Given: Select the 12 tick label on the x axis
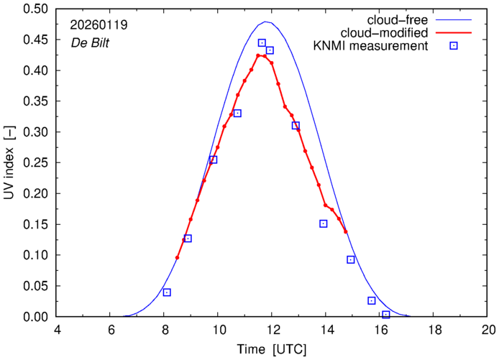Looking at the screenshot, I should [x=273, y=330].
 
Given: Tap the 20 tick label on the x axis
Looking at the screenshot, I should [x=488, y=330].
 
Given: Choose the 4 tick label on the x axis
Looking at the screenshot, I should [x=58, y=330].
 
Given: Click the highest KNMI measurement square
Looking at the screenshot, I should [x=262, y=43].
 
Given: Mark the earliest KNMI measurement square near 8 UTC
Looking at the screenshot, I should [x=167, y=292].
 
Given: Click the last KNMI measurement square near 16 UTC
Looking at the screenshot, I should [x=386, y=315].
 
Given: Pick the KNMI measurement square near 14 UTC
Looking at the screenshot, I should [x=324, y=223].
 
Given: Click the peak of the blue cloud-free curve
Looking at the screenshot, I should [x=266, y=22].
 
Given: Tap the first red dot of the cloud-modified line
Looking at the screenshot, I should [x=177, y=257].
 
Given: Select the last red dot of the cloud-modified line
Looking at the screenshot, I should [x=346, y=231].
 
